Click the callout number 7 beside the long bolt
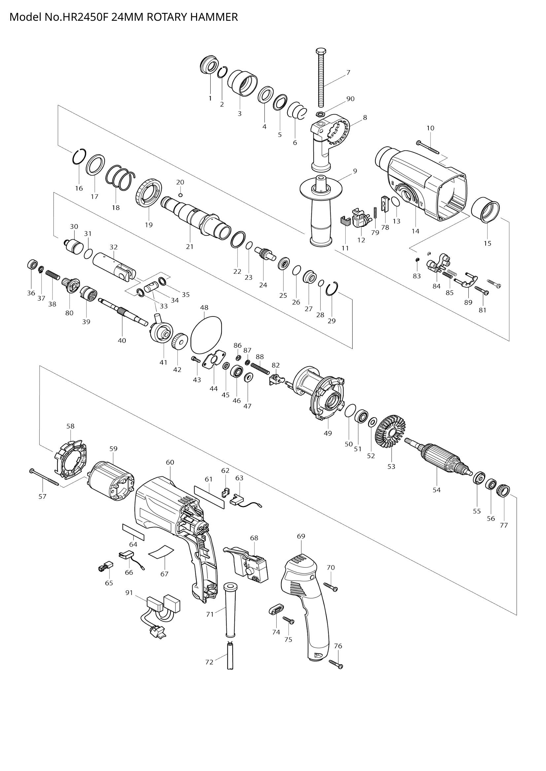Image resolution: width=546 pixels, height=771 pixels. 348,72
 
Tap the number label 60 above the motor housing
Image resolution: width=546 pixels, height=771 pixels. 170,462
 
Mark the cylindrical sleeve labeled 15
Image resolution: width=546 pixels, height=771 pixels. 485,211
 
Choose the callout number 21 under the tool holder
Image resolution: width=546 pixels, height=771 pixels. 190,247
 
